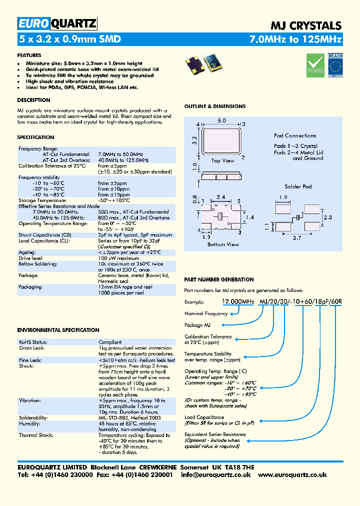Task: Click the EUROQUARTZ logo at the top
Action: pyautogui.click(x=57, y=23)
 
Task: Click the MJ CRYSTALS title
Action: pyautogui.click(x=306, y=26)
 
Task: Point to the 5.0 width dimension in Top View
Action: pyautogui.click(x=221, y=120)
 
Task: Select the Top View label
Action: pyautogui.click(x=222, y=160)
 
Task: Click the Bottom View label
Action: pyautogui.click(x=222, y=244)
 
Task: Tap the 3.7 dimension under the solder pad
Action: pyautogui.click(x=297, y=238)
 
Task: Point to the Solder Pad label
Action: pyautogui.click(x=298, y=186)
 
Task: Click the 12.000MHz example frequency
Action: pyautogui.click(x=238, y=301)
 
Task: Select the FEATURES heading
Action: pyautogui.click(x=29, y=55)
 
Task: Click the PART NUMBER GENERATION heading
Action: pyautogui.click(x=219, y=279)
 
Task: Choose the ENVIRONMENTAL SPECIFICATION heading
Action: pyautogui.click(x=58, y=330)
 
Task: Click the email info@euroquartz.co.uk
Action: pyautogui.click(x=216, y=474)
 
